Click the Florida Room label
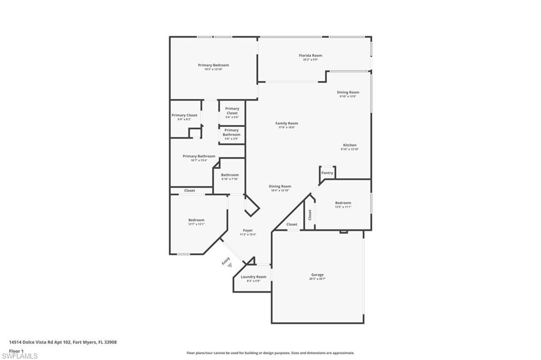pyautogui.click(x=310, y=56)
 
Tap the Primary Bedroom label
pyautogui.click(x=213, y=65)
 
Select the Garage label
pyautogui.click(x=317, y=274)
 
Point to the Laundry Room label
pyautogui.click(x=254, y=276)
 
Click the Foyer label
pyautogui.click(x=247, y=230)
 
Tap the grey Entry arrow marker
pyautogui.click(x=229, y=264)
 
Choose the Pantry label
pyautogui.click(x=327, y=173)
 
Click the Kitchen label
pyautogui.click(x=349, y=145)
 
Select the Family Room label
pyautogui.click(x=286, y=123)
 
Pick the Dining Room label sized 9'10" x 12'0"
pyautogui.click(x=348, y=93)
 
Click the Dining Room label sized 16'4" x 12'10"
pyautogui.click(x=279, y=186)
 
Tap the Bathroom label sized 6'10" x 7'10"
pyautogui.click(x=230, y=175)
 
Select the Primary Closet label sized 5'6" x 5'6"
pyautogui.click(x=232, y=111)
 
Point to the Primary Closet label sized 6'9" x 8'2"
pyautogui.click(x=184, y=115)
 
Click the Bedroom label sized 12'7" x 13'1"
pyautogui.click(x=196, y=220)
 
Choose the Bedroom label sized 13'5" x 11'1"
pyautogui.click(x=343, y=202)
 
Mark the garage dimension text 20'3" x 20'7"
pyautogui.click(x=317, y=279)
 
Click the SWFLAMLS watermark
pyautogui.click(x=20, y=356)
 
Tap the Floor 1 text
pyautogui.click(x=16, y=350)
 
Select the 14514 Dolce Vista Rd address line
pyautogui.click(x=63, y=342)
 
